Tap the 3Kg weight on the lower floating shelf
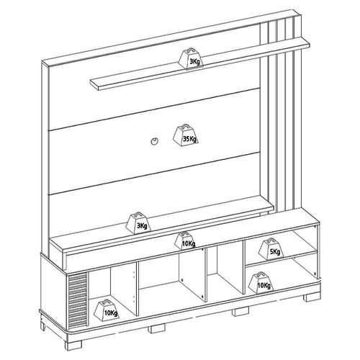click(x=139, y=222)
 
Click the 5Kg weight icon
click(x=271, y=249)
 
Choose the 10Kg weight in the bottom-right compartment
click(x=261, y=282)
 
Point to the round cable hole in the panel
click(x=154, y=141)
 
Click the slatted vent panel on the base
click(x=77, y=300)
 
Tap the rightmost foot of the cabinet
click(x=312, y=297)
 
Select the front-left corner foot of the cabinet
click(x=73, y=344)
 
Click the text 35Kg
click(x=189, y=138)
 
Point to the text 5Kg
click(x=275, y=252)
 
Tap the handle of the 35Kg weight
click(x=186, y=126)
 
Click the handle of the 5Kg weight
click(x=271, y=240)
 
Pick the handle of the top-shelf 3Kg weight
click(x=191, y=50)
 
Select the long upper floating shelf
click(x=200, y=64)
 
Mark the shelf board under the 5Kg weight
click(x=282, y=258)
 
